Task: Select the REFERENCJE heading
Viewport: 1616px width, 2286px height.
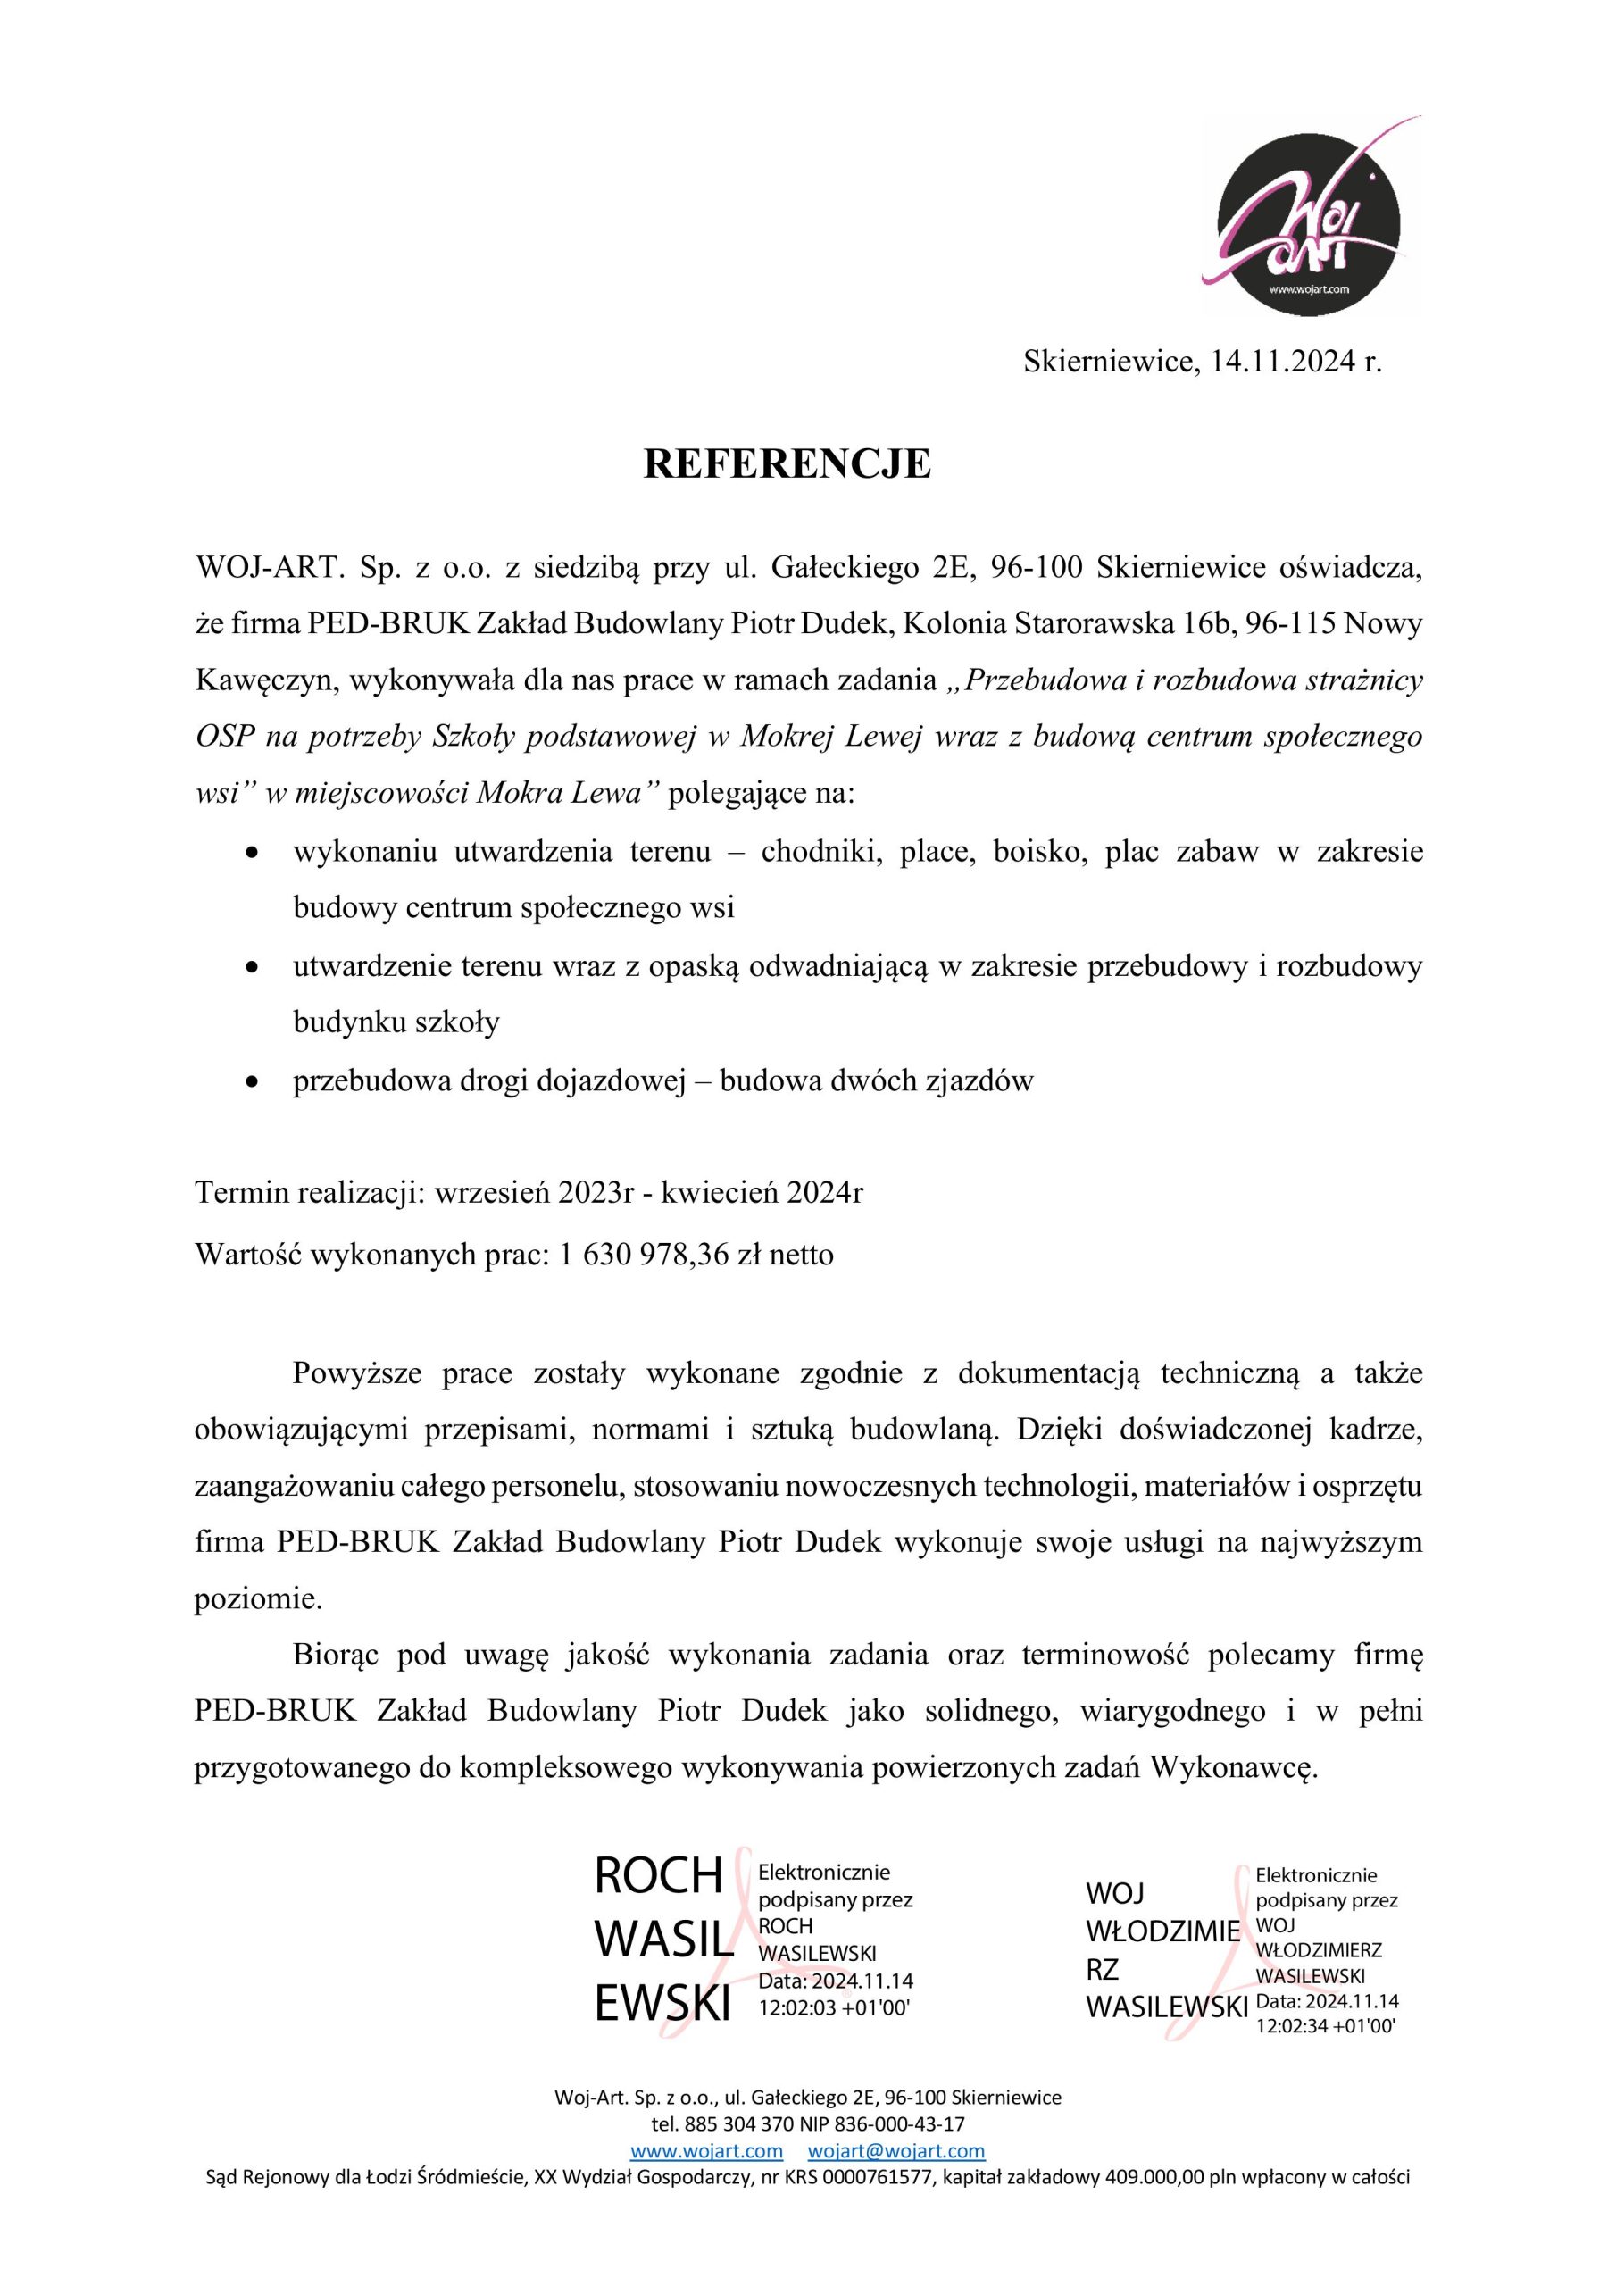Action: [x=787, y=465]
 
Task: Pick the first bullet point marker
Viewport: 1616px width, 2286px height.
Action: [x=254, y=854]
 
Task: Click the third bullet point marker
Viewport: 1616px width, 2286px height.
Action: [x=254, y=1082]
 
